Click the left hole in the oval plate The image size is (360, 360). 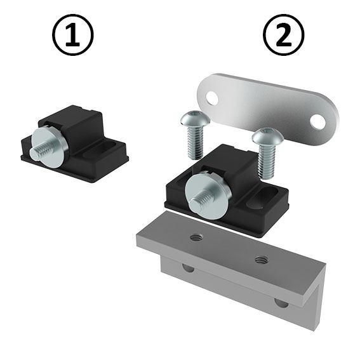(213, 98)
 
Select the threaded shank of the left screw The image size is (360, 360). (194, 142)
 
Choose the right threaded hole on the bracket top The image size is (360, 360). (260, 259)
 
